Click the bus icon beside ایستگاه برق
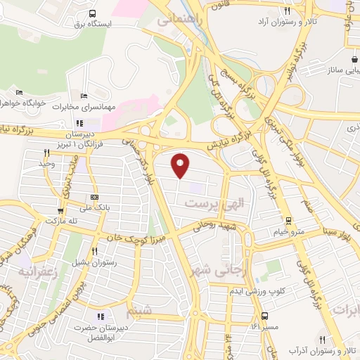tap(93, 13)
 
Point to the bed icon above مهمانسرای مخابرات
tap(84, 96)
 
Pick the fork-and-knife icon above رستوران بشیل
tap(94, 251)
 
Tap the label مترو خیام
tap(289, 231)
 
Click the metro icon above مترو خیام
tap(288, 221)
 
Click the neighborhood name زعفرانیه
tap(36, 271)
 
